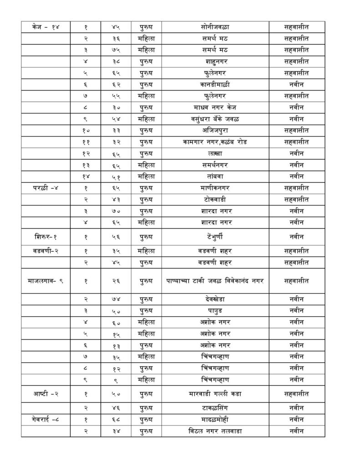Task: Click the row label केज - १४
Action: click(46, 27)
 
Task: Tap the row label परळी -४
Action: click(46, 187)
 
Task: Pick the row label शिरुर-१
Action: click(46, 237)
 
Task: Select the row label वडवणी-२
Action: click(46, 251)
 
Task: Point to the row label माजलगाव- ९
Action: click(46, 281)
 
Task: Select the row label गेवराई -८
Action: click(46, 419)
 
